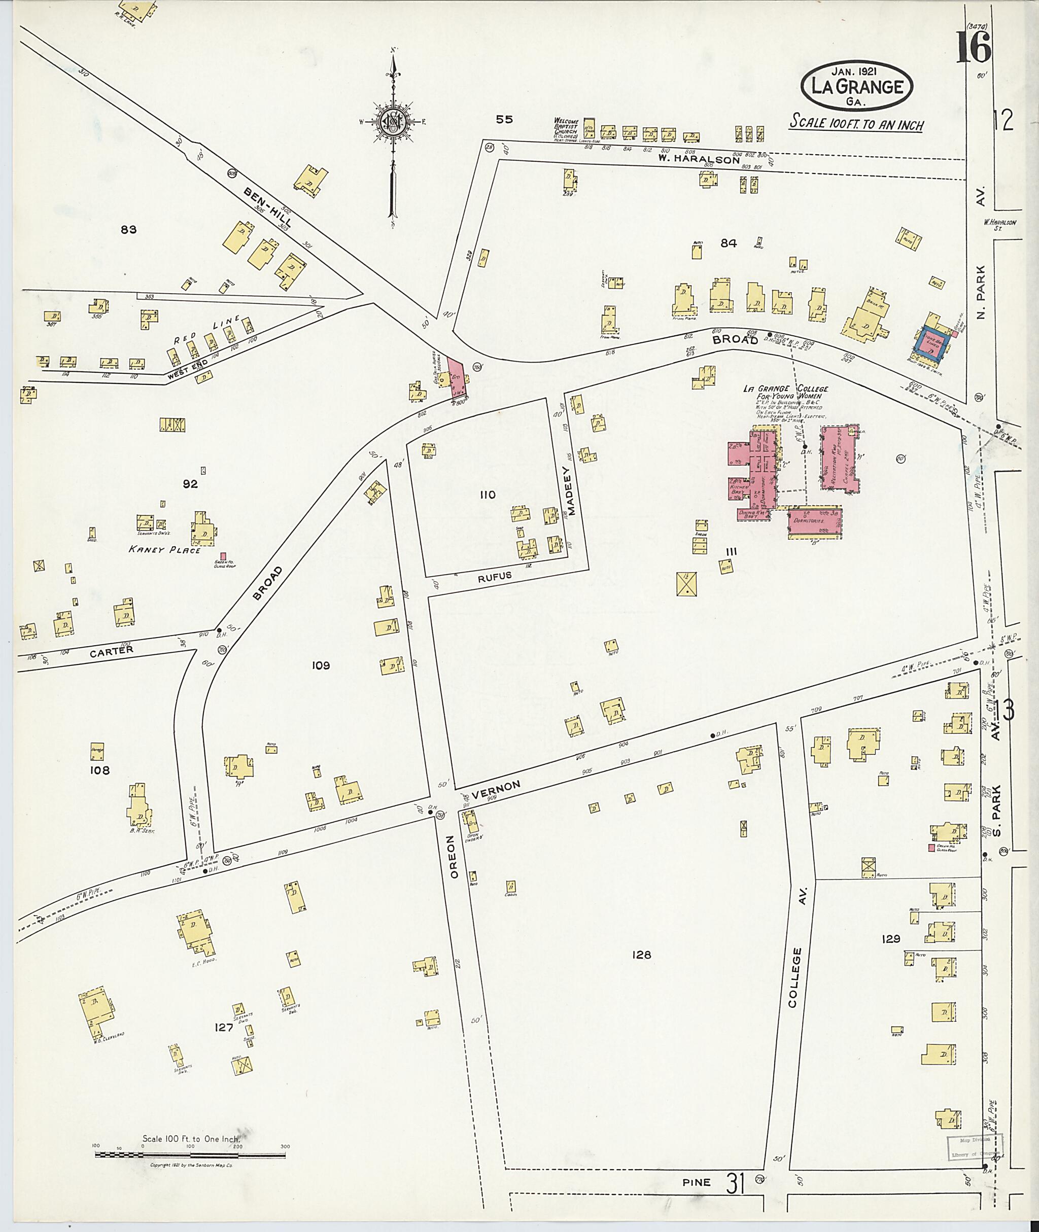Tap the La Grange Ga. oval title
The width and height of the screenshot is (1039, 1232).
click(856, 87)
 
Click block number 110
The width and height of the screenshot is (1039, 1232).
click(488, 495)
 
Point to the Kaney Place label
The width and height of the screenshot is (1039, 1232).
click(165, 549)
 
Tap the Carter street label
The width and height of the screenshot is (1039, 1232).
click(112, 651)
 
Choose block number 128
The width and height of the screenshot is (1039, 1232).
click(641, 955)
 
